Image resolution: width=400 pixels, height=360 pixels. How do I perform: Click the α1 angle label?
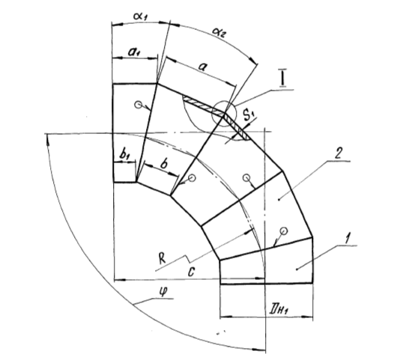[x=141, y=16]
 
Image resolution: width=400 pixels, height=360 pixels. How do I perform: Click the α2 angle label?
[x=219, y=32]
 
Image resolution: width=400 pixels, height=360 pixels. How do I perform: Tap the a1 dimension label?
[x=134, y=52]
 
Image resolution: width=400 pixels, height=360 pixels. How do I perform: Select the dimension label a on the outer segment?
[x=202, y=67]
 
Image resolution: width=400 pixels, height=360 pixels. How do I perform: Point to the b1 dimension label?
[x=125, y=155]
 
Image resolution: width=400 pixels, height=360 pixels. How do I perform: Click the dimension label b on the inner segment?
[x=164, y=164]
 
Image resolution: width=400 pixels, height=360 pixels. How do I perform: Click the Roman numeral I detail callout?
[x=282, y=79]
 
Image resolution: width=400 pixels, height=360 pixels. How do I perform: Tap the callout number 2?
[x=338, y=153]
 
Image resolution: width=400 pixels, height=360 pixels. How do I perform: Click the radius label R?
[x=162, y=258]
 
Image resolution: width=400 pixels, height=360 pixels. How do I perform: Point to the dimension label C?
[x=191, y=272]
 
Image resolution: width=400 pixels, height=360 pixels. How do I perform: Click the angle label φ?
[x=163, y=292]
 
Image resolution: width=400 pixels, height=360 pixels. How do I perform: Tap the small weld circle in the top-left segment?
[x=139, y=105]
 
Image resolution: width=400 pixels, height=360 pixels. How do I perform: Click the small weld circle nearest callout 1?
[x=284, y=231]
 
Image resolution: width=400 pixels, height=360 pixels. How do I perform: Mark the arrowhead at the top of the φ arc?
[x=47, y=140]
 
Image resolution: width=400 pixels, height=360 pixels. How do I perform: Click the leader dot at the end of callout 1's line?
[x=297, y=269]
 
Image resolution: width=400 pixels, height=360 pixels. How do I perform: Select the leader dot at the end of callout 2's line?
[x=279, y=199]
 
